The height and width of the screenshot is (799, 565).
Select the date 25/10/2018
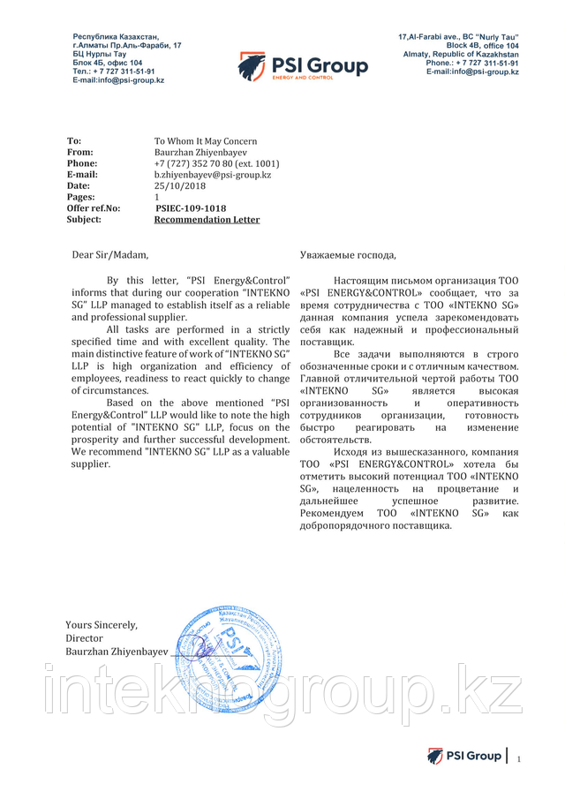[178, 186]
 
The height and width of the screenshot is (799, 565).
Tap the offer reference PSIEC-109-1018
[191, 208]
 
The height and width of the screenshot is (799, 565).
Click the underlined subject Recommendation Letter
[207, 220]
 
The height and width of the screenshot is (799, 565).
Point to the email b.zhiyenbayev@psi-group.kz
[212, 175]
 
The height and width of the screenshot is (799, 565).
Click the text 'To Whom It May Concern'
[206, 141]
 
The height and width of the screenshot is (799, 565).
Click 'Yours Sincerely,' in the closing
[102, 625]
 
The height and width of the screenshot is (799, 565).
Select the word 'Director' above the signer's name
[84, 637]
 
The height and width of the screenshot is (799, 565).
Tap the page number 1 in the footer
[519, 758]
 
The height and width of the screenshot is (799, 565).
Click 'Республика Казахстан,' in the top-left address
[116, 36]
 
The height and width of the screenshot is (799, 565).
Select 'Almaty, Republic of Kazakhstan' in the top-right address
[459, 55]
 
